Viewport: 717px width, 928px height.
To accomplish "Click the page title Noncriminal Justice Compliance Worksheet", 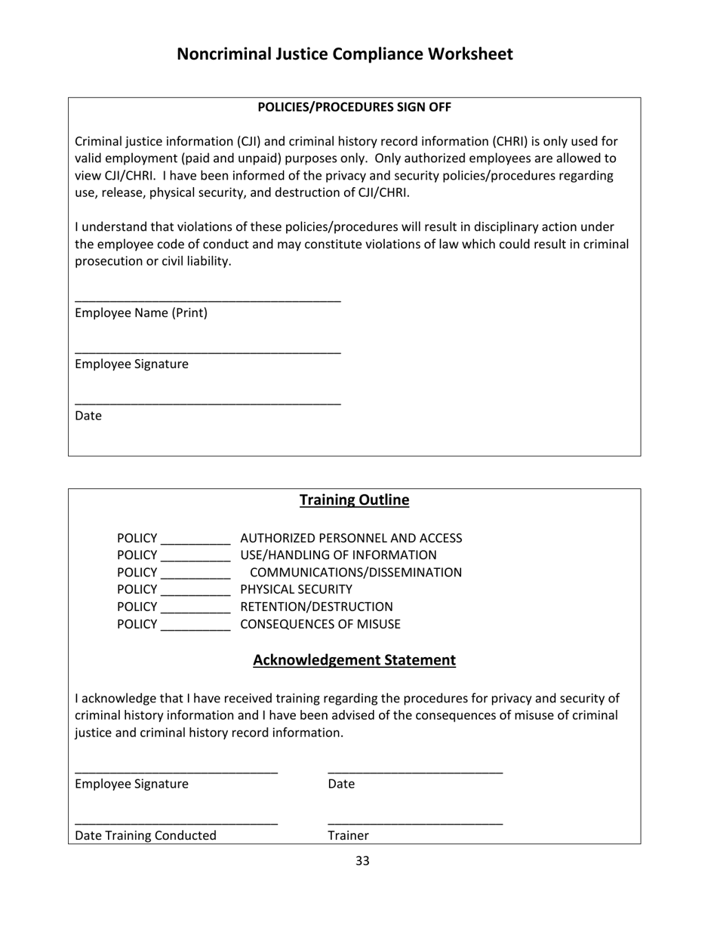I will coord(344,54).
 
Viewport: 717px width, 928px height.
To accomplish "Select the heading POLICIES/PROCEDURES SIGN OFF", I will coord(354,107).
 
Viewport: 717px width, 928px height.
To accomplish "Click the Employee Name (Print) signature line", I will coord(208,301).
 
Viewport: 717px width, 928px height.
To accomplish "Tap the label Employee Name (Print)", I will coord(141,313).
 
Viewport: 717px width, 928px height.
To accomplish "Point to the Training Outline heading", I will coord(354,500).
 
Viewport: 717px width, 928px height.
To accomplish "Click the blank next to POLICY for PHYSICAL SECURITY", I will coord(195,592).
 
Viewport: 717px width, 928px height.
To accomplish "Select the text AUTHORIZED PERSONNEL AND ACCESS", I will coord(351,538).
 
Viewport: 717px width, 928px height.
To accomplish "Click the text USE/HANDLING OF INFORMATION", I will coord(338,556).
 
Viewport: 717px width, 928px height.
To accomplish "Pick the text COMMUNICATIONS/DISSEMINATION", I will coord(355,573).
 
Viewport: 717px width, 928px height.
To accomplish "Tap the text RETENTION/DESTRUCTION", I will coord(316,607).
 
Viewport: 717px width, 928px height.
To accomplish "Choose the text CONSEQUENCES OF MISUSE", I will coord(320,625).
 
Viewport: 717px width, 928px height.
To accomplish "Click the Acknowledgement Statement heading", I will coord(354,661).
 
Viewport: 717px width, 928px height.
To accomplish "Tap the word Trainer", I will coord(348,835).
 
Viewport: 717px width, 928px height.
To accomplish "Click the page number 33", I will coord(362,861).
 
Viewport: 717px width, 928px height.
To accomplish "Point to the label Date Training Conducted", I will coord(146,835).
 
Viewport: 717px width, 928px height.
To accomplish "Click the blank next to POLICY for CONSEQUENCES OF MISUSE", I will coord(195,628).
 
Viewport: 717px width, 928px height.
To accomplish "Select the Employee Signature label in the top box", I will coord(132,364).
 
